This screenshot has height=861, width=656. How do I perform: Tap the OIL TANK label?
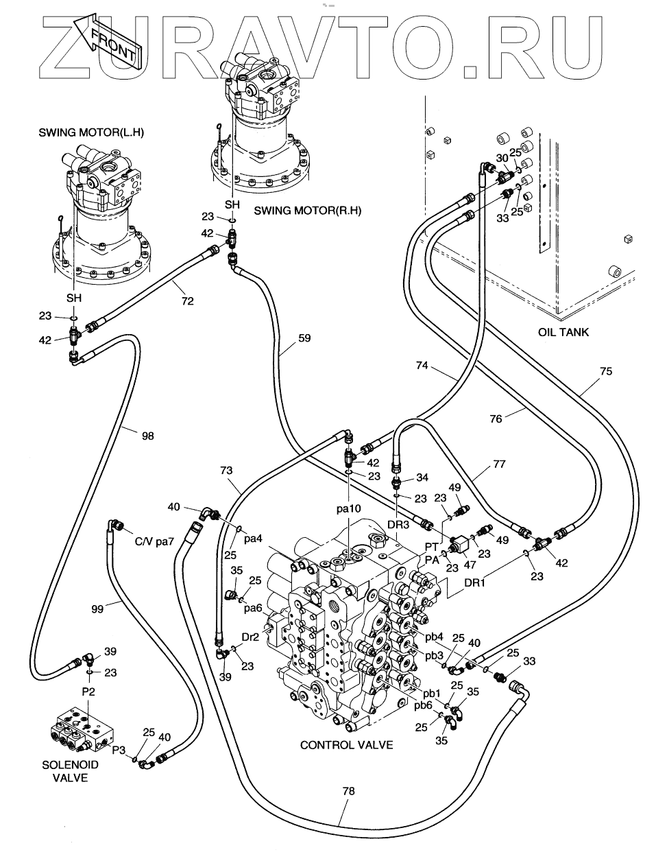(563, 332)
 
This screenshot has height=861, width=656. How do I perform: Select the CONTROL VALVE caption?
(346, 744)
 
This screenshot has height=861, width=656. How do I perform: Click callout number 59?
(304, 338)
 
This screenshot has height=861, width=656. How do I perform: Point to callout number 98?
(147, 435)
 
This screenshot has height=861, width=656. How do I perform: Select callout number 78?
(348, 791)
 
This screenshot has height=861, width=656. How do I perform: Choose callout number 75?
(606, 371)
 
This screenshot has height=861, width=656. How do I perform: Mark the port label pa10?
(348, 508)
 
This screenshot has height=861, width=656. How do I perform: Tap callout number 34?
(422, 477)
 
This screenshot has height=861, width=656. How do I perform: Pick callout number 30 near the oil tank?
(502, 157)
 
